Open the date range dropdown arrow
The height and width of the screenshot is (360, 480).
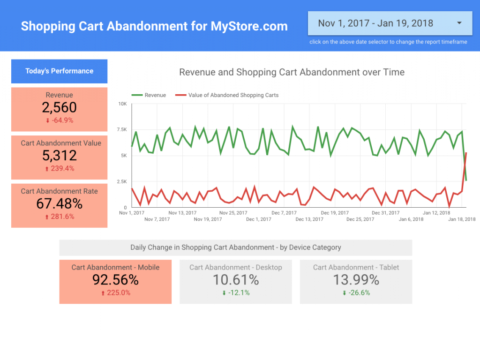pos(459,23)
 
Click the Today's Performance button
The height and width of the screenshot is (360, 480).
pos(60,71)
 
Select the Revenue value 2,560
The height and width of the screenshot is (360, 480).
pos(60,108)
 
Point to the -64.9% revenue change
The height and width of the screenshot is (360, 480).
pos(60,120)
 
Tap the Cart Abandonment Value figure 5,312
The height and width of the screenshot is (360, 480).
pos(60,156)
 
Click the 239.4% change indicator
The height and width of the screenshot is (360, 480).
pos(60,169)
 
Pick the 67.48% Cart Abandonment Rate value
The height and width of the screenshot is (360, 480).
pos(60,204)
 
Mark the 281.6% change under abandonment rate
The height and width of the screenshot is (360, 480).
pos(60,217)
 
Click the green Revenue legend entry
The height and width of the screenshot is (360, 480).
pos(149,95)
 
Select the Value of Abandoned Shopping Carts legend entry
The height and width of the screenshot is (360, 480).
pos(227,95)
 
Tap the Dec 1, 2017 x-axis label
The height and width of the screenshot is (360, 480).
pos(259,219)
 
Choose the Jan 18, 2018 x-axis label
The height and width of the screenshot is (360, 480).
pos(462,219)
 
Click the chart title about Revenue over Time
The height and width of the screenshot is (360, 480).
pos(292,72)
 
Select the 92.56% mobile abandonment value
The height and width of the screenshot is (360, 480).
pos(115,280)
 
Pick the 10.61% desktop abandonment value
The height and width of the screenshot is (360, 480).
pos(236,280)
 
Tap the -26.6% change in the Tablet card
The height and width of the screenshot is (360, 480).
pos(356,293)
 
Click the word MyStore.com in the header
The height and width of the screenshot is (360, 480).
pos(249,26)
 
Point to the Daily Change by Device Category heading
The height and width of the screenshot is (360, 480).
pos(236,247)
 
